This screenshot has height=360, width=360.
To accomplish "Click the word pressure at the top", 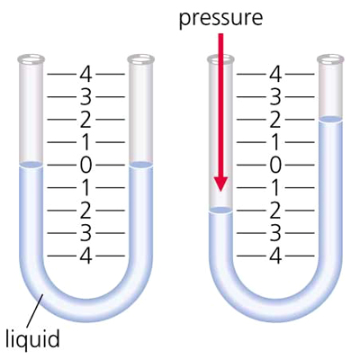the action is [220, 18].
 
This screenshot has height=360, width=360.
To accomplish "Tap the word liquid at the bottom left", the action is [33, 338].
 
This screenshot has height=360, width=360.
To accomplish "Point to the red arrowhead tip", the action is [220, 191].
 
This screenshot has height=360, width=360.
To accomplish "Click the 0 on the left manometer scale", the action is [85, 165].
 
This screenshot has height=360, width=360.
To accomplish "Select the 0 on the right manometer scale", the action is [275, 165].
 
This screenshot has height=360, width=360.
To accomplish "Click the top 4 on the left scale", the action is [85, 74].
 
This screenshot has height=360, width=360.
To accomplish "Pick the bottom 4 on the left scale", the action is [85, 256].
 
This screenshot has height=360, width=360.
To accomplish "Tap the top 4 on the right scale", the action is [275, 74].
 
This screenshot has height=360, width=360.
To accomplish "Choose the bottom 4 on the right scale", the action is [275, 256].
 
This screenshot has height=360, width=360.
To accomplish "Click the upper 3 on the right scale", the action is [275, 97].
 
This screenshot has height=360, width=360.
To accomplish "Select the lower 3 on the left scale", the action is [85, 233].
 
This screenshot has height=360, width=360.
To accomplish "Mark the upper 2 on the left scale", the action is [85, 120].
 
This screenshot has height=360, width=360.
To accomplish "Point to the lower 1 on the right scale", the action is [275, 187].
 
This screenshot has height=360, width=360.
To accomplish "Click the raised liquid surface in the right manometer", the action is [330, 119].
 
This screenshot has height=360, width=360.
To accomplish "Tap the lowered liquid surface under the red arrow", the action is [220, 211].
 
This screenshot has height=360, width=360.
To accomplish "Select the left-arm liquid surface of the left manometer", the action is [31, 165].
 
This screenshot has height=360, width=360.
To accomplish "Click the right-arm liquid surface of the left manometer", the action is [140, 165].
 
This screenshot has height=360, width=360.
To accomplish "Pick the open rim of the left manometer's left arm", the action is [31, 58].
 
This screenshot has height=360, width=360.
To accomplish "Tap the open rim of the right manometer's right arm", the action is [330, 58].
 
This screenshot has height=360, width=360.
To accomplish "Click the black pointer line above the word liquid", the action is [35, 310].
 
